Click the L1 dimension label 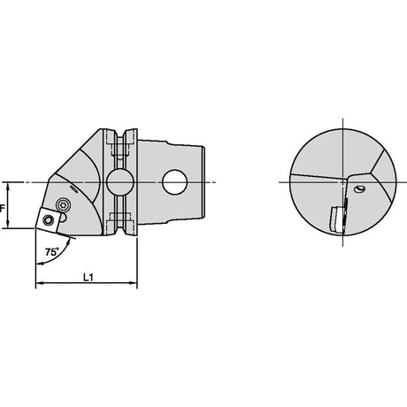tap(88, 277)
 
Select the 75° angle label tap(51, 252)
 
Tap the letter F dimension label tap(2, 209)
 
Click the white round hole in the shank tap(175, 182)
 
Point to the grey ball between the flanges tap(120, 182)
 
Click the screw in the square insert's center tap(48, 219)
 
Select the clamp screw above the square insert tap(62, 204)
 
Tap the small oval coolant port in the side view tap(73, 189)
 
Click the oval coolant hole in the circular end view tap(359, 189)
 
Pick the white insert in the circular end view tap(335, 219)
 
